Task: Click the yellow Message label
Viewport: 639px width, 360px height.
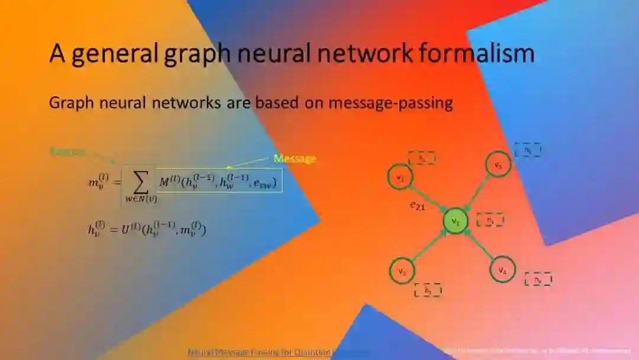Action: (295, 159)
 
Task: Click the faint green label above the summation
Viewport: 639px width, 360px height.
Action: (67, 152)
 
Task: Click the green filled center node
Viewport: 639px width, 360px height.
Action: (456, 221)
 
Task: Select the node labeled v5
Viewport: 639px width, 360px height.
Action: (498, 165)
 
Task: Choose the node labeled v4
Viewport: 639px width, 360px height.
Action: (502, 271)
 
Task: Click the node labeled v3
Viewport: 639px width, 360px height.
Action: (402, 271)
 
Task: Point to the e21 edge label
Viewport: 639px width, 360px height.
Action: (418, 205)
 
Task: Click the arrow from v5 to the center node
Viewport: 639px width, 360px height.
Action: (477, 192)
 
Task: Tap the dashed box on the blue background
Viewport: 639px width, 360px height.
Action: (527, 150)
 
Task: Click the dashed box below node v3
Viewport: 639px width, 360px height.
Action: (428, 290)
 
